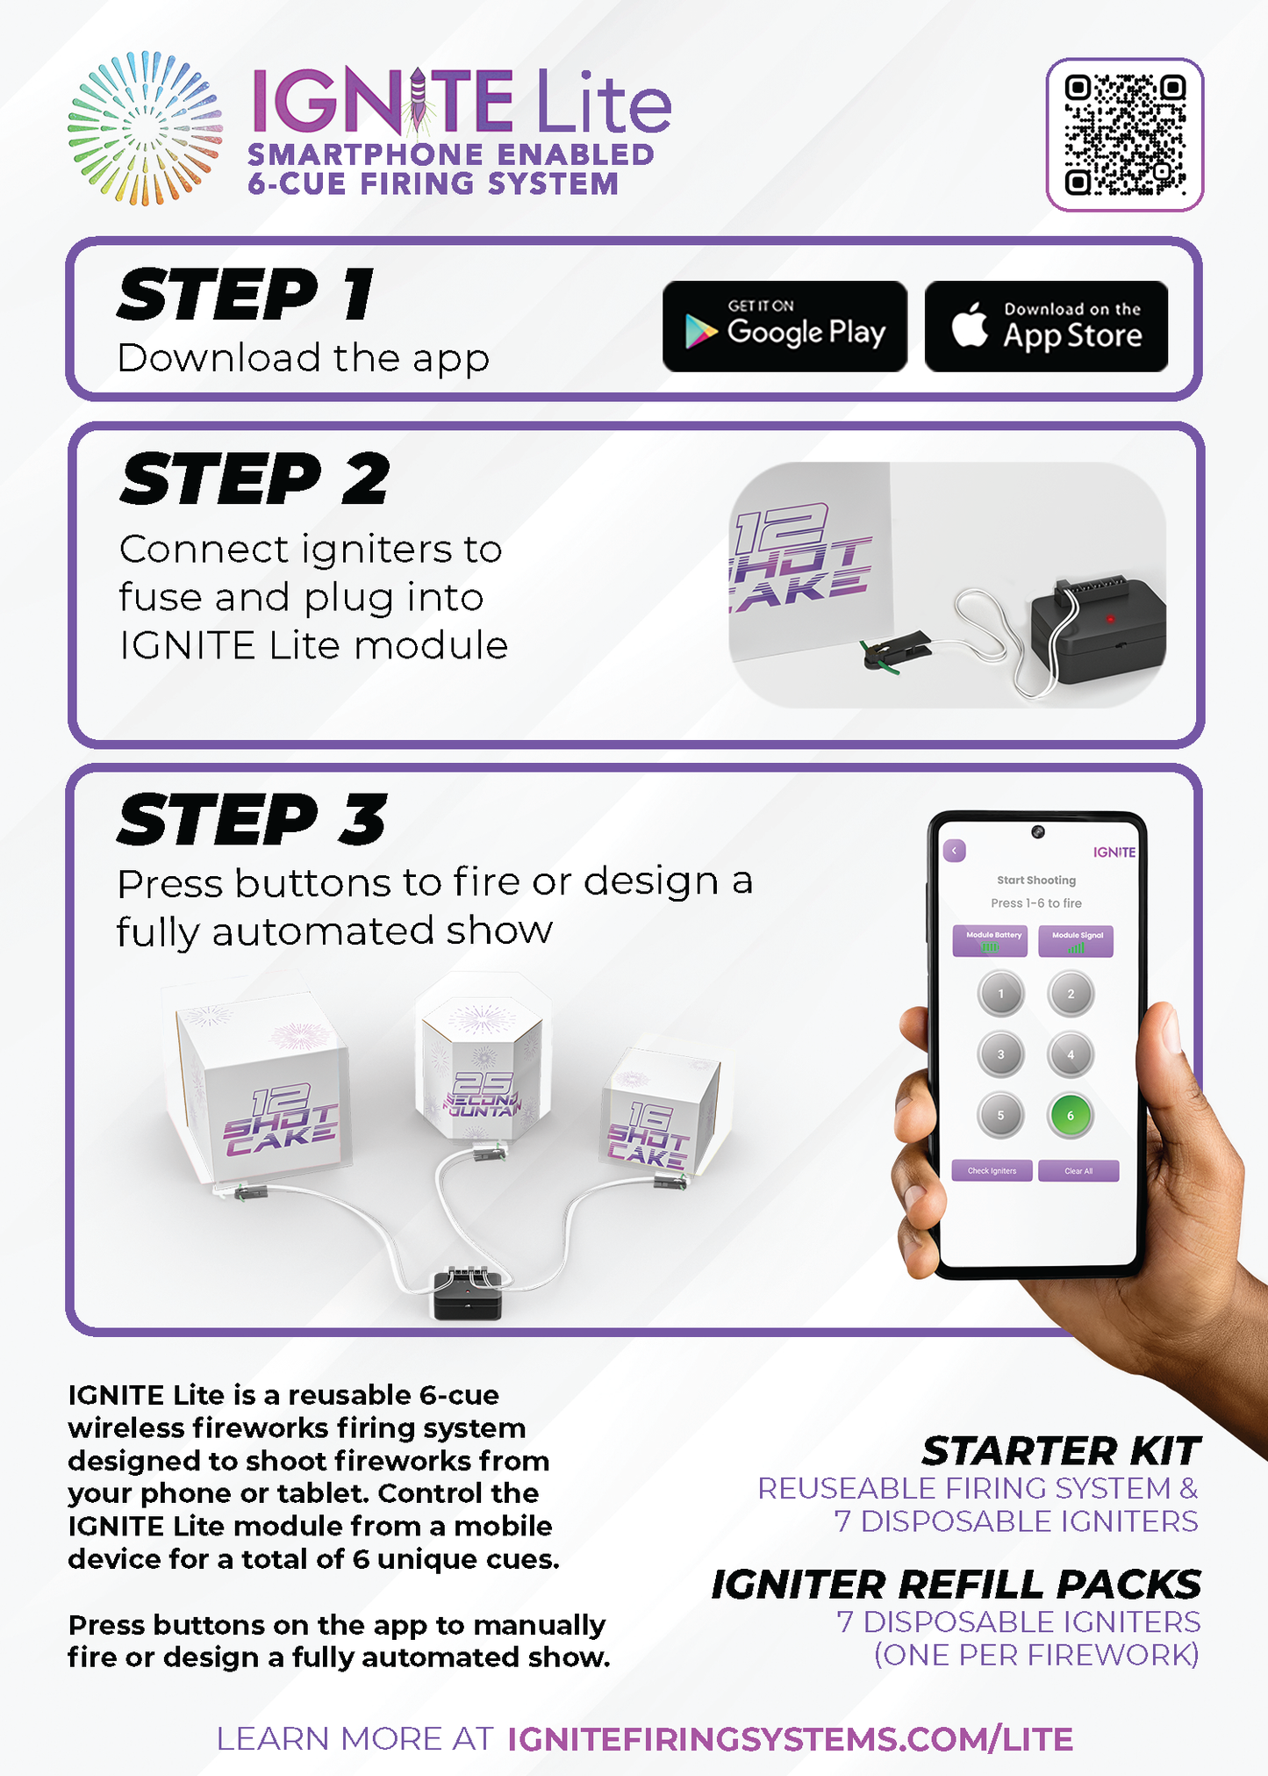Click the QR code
click(x=1124, y=135)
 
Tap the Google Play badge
click(x=784, y=327)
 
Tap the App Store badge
click(x=1046, y=327)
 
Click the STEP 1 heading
click(x=246, y=295)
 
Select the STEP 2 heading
click(x=254, y=479)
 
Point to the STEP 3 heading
click(x=252, y=819)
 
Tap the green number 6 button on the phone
click(x=1070, y=1116)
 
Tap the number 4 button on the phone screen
click(x=1070, y=1054)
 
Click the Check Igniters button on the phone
click(x=992, y=1171)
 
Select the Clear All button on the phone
click(x=1078, y=1171)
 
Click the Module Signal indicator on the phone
click(x=1076, y=941)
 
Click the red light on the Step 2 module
click(x=1110, y=619)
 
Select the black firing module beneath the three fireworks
click(x=468, y=1294)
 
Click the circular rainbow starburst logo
click(x=145, y=128)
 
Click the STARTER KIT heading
click(x=1060, y=1451)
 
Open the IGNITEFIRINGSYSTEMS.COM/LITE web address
click(x=790, y=1738)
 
